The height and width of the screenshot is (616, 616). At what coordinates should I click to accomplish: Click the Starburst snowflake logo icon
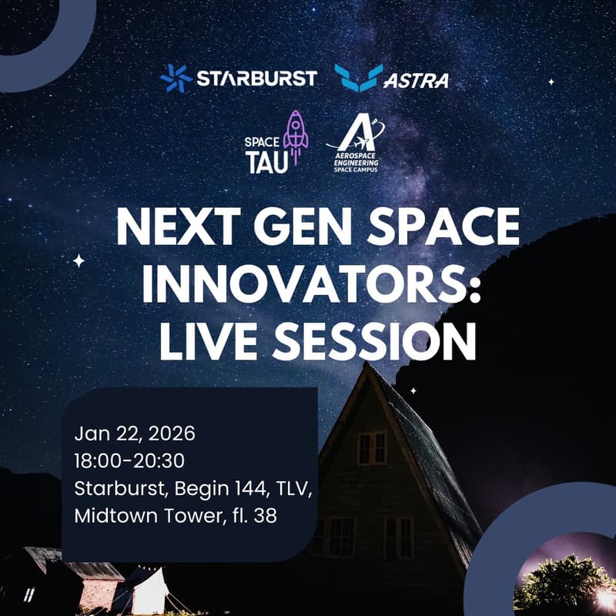176,79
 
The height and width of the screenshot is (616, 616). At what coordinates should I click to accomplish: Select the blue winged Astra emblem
358,78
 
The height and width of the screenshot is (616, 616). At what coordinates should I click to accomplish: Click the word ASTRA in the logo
416,80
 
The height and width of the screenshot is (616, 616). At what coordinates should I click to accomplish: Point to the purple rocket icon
295,132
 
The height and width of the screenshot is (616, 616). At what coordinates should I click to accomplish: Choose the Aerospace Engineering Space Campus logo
357,145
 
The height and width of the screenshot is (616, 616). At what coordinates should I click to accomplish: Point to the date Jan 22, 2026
135,434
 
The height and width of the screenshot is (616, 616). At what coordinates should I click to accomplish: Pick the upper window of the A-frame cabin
372,447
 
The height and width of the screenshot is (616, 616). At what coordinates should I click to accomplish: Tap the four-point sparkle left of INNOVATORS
79,261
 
